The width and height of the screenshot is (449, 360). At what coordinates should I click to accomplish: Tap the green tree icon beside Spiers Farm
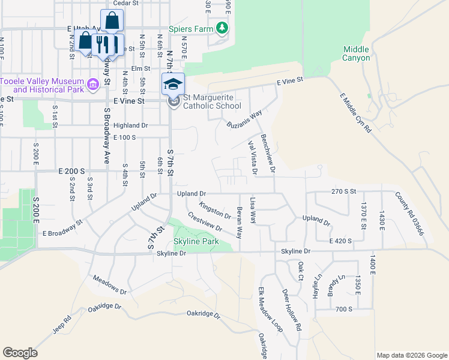coord(222,28)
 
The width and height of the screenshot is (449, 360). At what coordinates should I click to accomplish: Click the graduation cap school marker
coord(173,84)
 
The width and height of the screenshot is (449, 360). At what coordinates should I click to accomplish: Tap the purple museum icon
coord(93,85)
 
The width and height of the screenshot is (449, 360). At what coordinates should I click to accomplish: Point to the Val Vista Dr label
coord(252,158)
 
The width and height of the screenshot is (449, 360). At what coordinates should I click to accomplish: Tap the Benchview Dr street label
coord(267,154)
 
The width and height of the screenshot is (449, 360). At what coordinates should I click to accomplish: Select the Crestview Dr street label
coord(205,221)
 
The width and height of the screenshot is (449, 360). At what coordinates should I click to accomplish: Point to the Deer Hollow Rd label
coord(291,310)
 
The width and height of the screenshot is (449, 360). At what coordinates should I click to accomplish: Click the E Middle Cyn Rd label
coord(355,113)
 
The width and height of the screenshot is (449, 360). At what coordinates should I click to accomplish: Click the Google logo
coord(20,353)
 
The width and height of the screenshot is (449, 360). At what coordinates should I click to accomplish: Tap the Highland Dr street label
coord(130,125)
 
